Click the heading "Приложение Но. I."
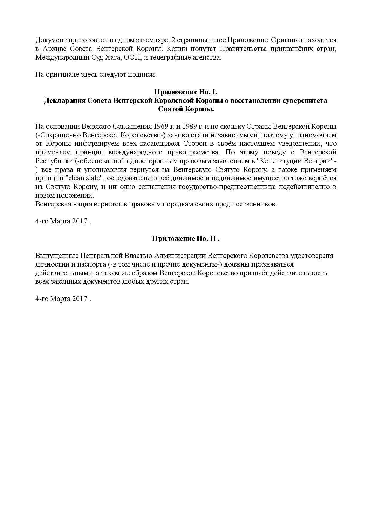pos(186,92)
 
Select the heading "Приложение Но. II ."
pos(186,239)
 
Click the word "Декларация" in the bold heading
pos(64,100)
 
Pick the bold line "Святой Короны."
pos(186,109)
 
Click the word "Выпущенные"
pos(57,256)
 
